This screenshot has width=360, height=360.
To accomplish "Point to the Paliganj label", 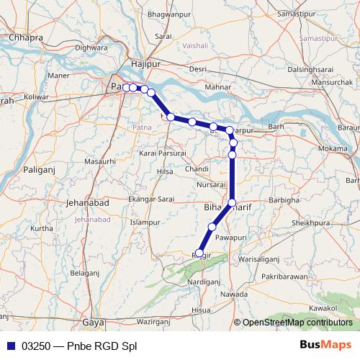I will [x=35, y=171].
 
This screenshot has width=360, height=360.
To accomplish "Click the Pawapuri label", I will [x=230, y=236].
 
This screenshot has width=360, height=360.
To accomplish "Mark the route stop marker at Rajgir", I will [x=199, y=253].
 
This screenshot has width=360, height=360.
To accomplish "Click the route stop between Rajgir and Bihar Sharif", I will [x=212, y=227].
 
